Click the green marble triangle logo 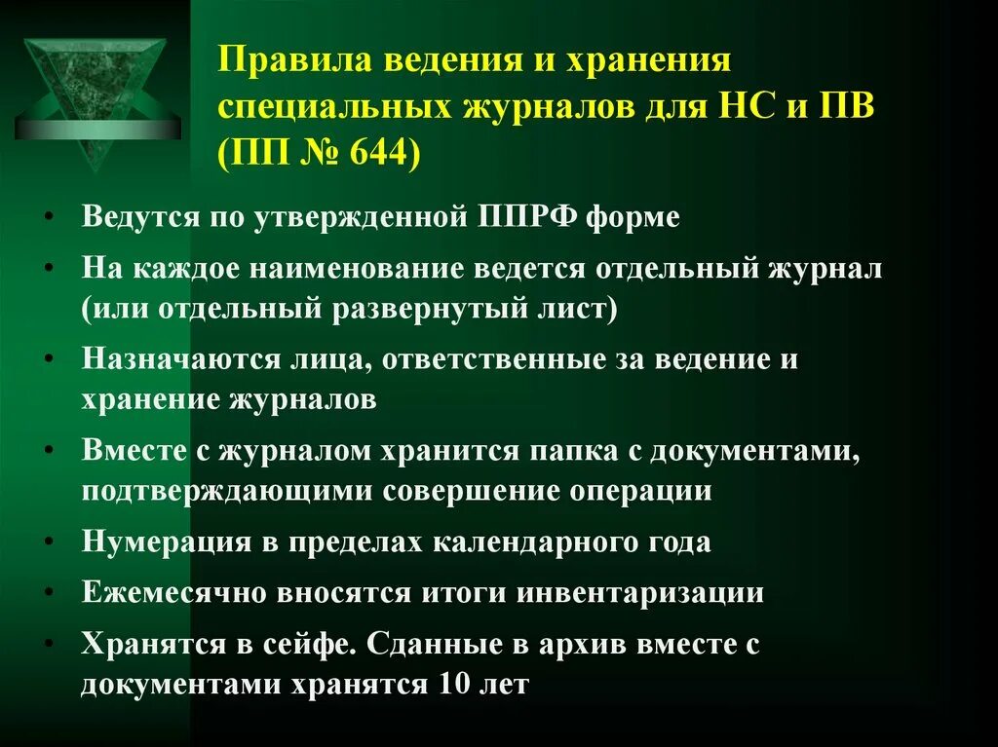click(95, 94)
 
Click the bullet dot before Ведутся click(49, 218)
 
